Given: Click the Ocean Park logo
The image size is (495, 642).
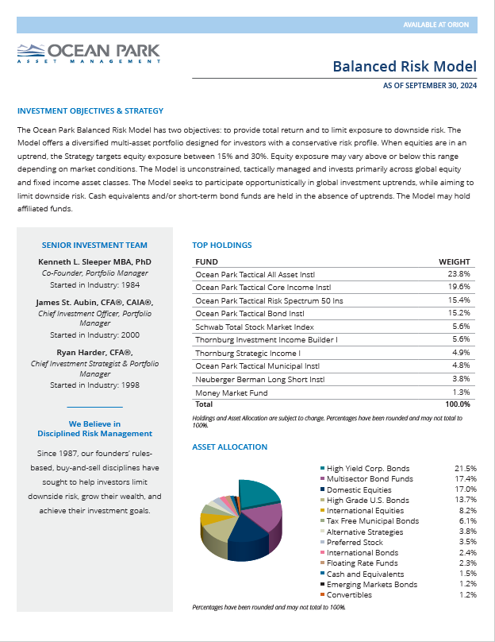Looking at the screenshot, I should point(88,52).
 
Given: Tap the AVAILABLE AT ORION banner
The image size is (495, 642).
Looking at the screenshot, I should point(437,25).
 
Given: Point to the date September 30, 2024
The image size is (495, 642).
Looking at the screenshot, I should point(430,85).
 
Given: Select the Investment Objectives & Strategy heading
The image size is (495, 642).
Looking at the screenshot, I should point(90,111).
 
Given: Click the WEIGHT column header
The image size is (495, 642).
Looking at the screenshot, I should point(455,261).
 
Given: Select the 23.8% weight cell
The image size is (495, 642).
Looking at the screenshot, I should point(459,273).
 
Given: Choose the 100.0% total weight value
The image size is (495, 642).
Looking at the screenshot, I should point(457,404).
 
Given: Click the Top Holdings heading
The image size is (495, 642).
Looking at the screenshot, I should point(222,246).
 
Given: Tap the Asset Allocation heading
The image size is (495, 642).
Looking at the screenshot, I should point(230,447).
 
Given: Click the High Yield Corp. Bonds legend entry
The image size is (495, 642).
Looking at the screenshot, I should point(367,469).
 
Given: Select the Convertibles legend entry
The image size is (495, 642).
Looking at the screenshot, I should point(349,595).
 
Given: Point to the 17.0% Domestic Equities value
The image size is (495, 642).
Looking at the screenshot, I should point(466,489).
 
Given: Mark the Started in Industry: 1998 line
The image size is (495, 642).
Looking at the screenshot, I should point(94,385).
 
